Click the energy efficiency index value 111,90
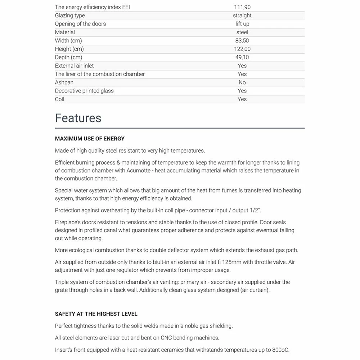(x=242, y=7)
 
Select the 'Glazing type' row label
(x=70, y=15)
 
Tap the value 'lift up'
(x=242, y=24)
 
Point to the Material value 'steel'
(x=242, y=32)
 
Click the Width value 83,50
(x=242, y=41)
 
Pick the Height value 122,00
(x=242, y=49)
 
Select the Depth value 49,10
(x=242, y=57)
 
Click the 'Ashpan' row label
(x=64, y=82)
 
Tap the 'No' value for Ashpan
(x=242, y=82)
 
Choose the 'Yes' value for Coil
(x=242, y=99)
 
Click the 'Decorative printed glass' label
(x=84, y=91)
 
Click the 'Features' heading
(x=78, y=118)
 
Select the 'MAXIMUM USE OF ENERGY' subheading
(x=90, y=139)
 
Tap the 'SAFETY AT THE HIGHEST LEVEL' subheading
(x=96, y=314)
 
